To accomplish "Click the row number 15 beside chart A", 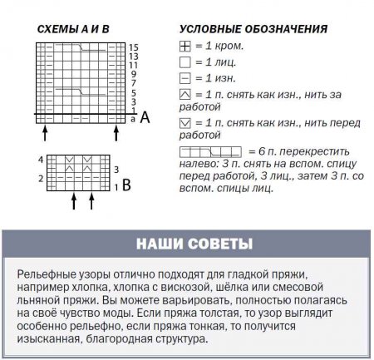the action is click(x=133, y=49).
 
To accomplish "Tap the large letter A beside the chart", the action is click(x=145, y=119).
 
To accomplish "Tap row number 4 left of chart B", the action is click(x=41, y=157).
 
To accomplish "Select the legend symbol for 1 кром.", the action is click(x=185, y=47).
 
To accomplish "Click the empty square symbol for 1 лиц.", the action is click(x=185, y=62).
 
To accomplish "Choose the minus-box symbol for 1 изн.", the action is click(x=185, y=77).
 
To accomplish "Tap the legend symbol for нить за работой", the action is click(x=185, y=93).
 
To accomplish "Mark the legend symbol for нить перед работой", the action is click(x=185, y=122).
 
